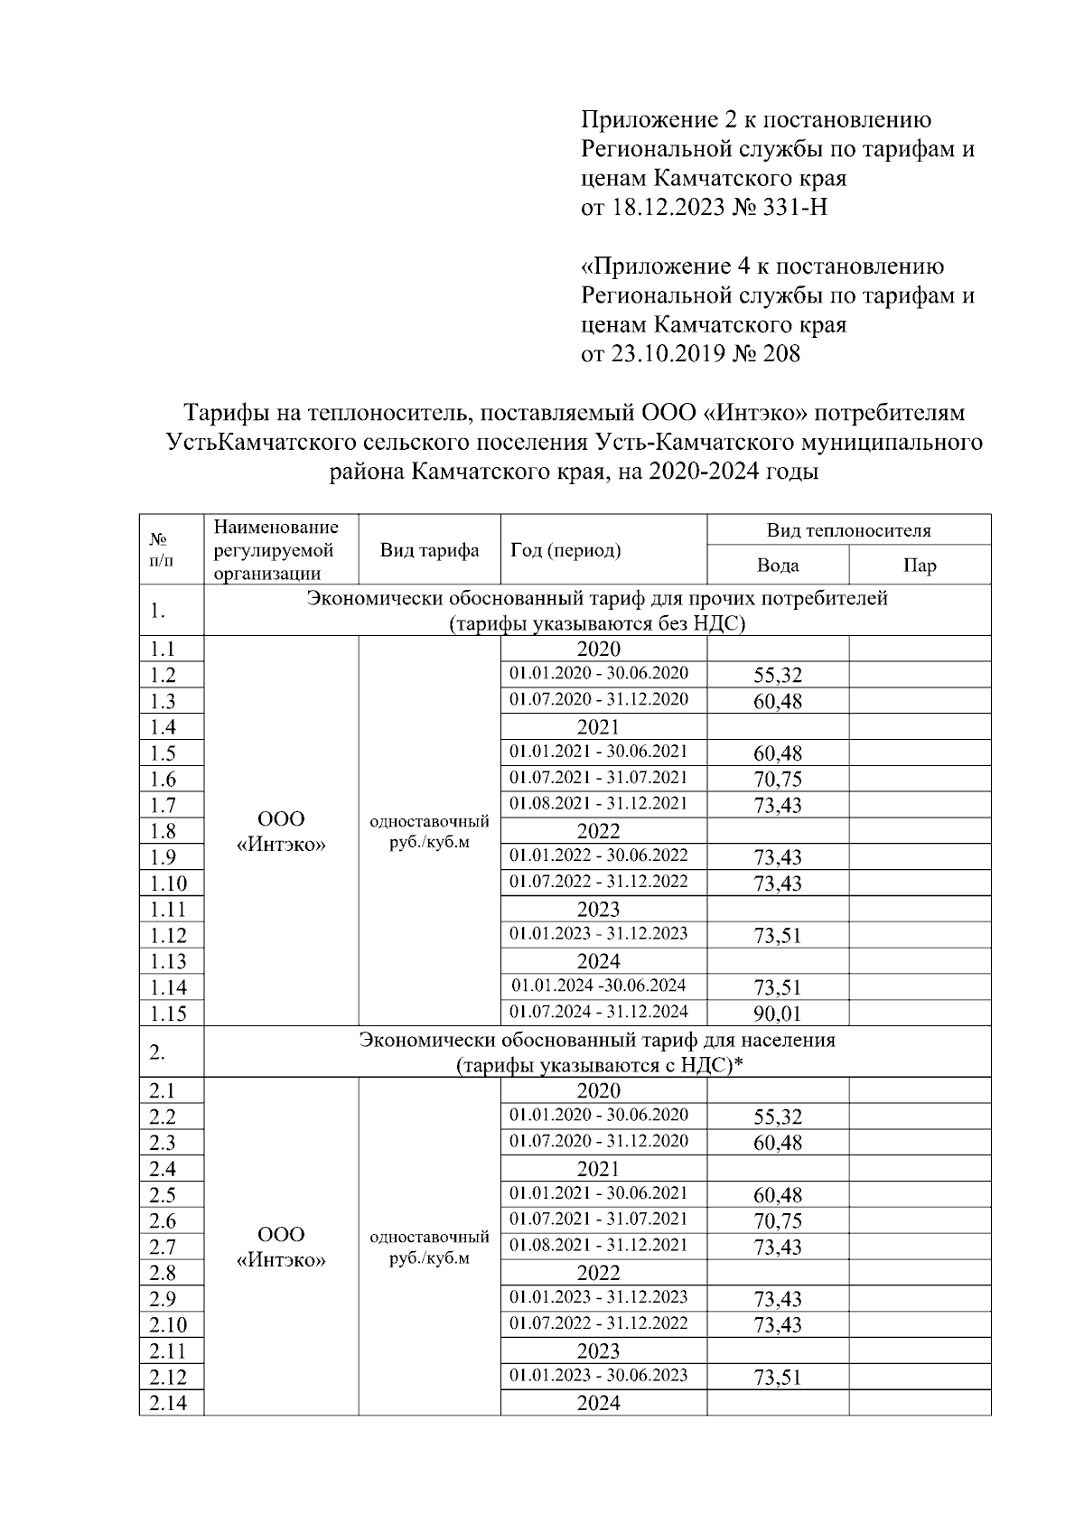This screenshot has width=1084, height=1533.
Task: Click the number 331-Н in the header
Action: (x=794, y=208)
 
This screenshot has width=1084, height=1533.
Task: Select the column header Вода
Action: (x=778, y=566)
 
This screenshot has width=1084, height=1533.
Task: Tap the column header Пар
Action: (x=920, y=566)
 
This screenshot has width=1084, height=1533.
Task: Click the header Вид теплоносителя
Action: (x=848, y=530)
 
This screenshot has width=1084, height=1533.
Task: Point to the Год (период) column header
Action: (x=565, y=550)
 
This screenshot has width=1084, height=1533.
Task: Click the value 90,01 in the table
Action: (x=778, y=1014)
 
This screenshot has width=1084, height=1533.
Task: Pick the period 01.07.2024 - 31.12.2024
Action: (x=599, y=1011)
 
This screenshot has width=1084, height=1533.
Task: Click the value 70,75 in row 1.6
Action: (x=778, y=779)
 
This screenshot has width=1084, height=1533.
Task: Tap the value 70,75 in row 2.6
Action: (x=778, y=1220)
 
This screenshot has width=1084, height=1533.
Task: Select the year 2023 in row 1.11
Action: (x=599, y=909)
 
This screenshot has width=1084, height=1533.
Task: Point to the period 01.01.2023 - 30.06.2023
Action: (x=599, y=1375)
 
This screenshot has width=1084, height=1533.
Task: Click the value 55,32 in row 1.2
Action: (x=778, y=675)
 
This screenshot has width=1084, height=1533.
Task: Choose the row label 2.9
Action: (x=164, y=1299)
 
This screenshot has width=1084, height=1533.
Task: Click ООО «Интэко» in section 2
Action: (x=281, y=1248)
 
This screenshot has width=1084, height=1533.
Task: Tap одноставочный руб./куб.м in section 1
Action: (x=430, y=832)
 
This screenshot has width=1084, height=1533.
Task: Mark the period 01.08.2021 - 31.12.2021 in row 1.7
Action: (x=599, y=803)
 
